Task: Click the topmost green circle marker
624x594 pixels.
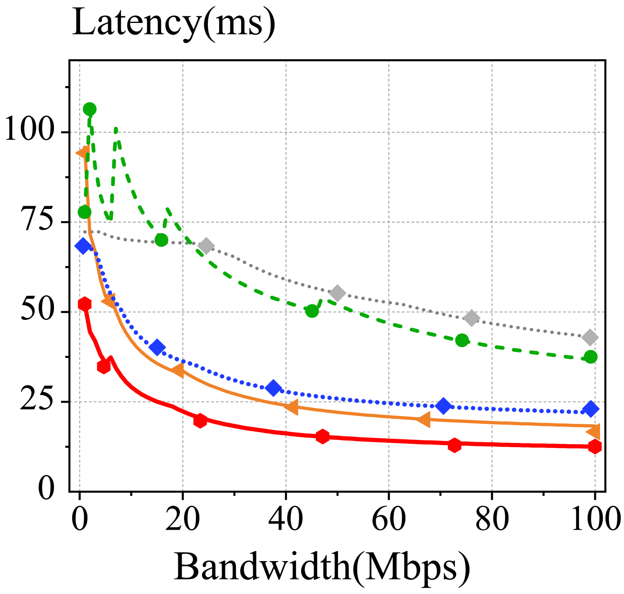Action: point(90,109)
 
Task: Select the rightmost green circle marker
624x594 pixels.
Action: point(590,357)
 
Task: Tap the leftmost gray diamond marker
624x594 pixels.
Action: point(206,246)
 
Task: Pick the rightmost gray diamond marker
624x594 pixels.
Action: point(590,337)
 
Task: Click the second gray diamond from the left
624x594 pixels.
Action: point(337,293)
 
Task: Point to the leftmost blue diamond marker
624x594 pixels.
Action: point(83,246)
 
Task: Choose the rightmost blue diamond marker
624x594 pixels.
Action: point(591,409)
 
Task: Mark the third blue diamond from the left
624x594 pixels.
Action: point(273,388)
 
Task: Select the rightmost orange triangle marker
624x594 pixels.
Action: point(594,431)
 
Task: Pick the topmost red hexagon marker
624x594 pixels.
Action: point(85,304)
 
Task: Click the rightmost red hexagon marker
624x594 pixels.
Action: point(595,447)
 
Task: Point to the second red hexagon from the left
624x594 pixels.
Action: point(104,367)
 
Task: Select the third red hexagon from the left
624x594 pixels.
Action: point(200,420)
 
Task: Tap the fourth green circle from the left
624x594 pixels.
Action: point(312,311)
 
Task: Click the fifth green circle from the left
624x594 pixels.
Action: point(462,340)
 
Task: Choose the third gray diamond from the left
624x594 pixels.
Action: point(472,318)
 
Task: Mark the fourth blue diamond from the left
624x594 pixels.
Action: point(443,405)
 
